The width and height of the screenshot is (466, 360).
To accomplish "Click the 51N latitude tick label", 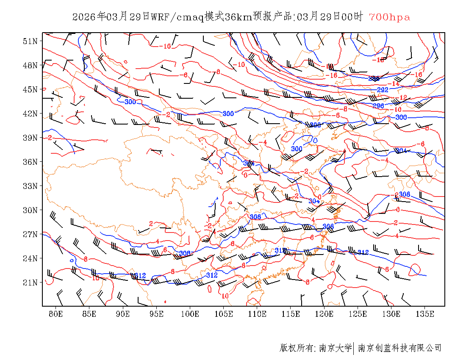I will [31, 41].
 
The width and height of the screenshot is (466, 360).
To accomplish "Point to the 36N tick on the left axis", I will [31, 162].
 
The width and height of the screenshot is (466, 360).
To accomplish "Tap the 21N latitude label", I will [31, 282].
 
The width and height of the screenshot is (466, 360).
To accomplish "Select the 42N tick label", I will [31, 114].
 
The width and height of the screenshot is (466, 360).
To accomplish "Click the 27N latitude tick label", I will [31, 234].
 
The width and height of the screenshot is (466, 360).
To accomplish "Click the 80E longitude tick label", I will [56, 314].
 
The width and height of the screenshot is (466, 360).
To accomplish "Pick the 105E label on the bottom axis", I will [224, 314].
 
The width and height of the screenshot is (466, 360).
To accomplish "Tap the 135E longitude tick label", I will [425, 314].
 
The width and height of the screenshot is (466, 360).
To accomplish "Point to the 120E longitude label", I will [324, 314].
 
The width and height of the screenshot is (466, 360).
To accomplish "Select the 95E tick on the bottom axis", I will [157, 314].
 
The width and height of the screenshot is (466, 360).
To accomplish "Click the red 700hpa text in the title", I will [389, 17].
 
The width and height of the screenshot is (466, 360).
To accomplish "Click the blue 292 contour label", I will [383, 90].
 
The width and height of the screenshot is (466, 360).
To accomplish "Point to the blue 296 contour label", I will [378, 106].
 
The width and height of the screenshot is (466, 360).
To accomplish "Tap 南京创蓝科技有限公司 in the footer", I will [400, 348].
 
